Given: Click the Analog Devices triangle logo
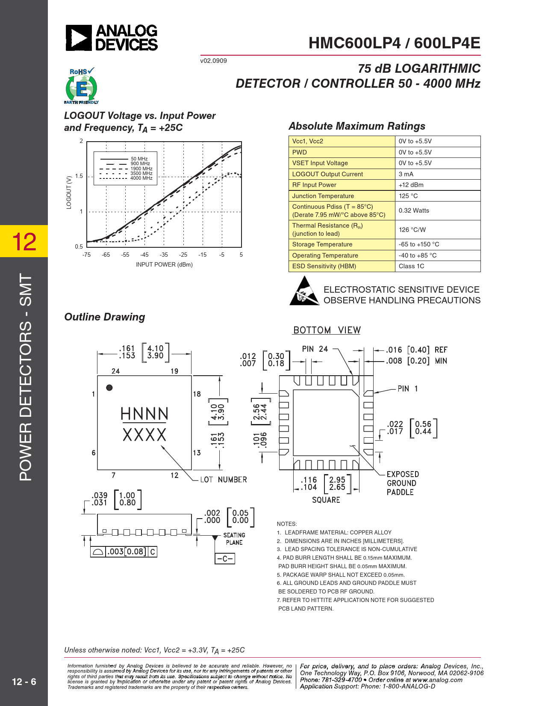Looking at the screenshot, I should (x=79, y=38).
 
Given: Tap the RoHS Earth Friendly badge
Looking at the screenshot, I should (x=81, y=86).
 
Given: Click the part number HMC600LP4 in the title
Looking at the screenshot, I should (x=355, y=43).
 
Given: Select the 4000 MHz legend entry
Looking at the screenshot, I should (x=141, y=178).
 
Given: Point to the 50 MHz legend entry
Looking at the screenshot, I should (x=139, y=159).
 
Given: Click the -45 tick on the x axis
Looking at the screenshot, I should (x=144, y=255).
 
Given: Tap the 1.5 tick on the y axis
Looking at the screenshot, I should (x=79, y=176).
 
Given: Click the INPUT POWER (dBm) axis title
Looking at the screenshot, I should (x=164, y=264).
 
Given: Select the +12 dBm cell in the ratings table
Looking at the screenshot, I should (x=411, y=185).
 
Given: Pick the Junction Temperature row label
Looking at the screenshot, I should (x=323, y=196).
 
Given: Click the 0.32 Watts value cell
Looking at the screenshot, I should (x=414, y=211).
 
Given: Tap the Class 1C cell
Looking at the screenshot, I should (x=411, y=266).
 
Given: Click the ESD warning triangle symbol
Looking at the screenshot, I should (x=304, y=291).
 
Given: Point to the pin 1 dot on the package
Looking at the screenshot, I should (x=109, y=388).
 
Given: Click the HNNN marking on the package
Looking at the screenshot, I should (x=144, y=414).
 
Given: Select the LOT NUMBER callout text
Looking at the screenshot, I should (x=224, y=480).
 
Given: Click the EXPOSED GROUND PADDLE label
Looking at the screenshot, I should (x=402, y=483).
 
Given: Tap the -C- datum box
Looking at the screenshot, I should (x=225, y=559).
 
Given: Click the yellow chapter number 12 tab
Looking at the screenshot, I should (x=24, y=241).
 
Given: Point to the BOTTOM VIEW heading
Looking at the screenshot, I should (x=327, y=330).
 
